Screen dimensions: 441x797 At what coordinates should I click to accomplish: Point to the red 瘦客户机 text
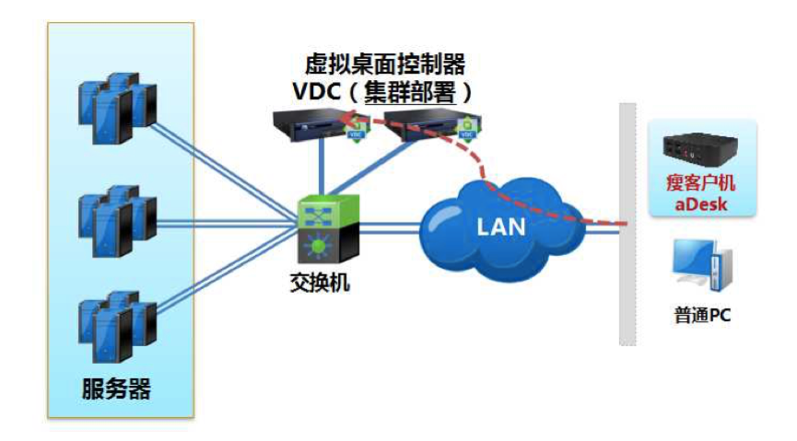pyautogui.click(x=702, y=182)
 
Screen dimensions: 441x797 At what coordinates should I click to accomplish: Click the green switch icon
pyautogui.click(x=322, y=230)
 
